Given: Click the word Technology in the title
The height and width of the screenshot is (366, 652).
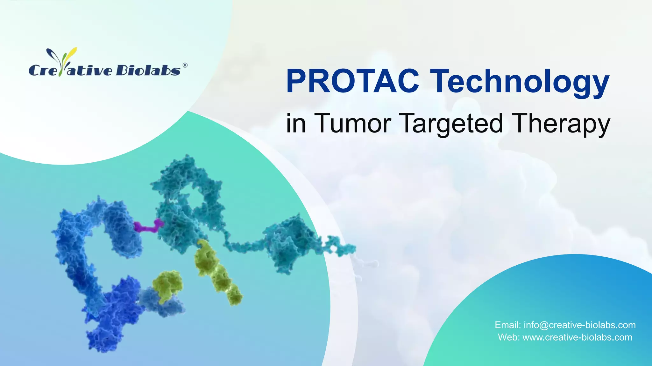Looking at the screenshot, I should point(520,82).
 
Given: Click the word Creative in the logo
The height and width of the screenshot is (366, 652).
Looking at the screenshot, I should point(70,70).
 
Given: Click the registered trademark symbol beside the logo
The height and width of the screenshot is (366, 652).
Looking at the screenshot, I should point(185,65).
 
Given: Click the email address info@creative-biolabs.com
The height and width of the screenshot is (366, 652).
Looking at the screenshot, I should point(579,325).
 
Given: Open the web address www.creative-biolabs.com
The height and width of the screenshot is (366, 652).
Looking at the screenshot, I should point(577,337).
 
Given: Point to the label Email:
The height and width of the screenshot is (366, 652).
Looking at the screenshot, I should point(507,325).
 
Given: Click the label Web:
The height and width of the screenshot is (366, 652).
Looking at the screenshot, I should point(509,337).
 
